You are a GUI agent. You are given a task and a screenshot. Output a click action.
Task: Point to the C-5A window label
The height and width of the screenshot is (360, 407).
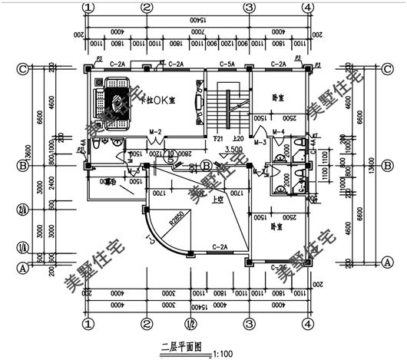[x=227, y=64]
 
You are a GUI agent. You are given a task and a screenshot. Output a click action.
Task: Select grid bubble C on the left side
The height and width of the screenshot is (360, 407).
[x=23, y=68]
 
